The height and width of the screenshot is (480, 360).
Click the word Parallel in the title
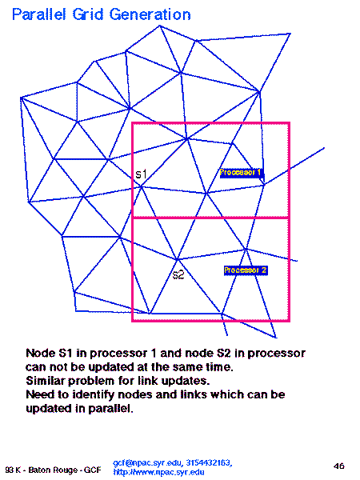pyautogui.click(x=39, y=14)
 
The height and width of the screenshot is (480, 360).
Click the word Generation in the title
pyautogui.click(x=150, y=14)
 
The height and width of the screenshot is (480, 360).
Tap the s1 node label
pyautogui.click(x=141, y=174)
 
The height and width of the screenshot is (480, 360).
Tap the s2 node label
pyautogui.click(x=178, y=274)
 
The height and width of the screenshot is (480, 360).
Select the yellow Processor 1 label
pyautogui.click(x=241, y=173)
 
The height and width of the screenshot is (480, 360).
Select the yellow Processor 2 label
pyautogui.click(x=246, y=270)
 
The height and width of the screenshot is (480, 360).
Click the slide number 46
pyautogui.click(x=339, y=466)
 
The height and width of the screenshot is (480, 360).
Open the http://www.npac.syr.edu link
pyautogui.click(x=158, y=472)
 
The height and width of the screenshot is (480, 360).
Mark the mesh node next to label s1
pyautogui.click(x=141, y=186)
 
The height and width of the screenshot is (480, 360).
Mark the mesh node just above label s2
pyautogui.click(x=178, y=259)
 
